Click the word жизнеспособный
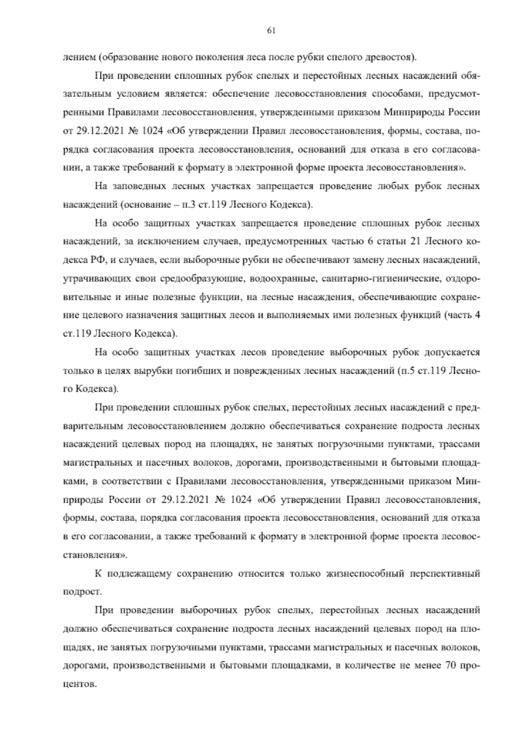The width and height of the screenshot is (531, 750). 359,574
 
